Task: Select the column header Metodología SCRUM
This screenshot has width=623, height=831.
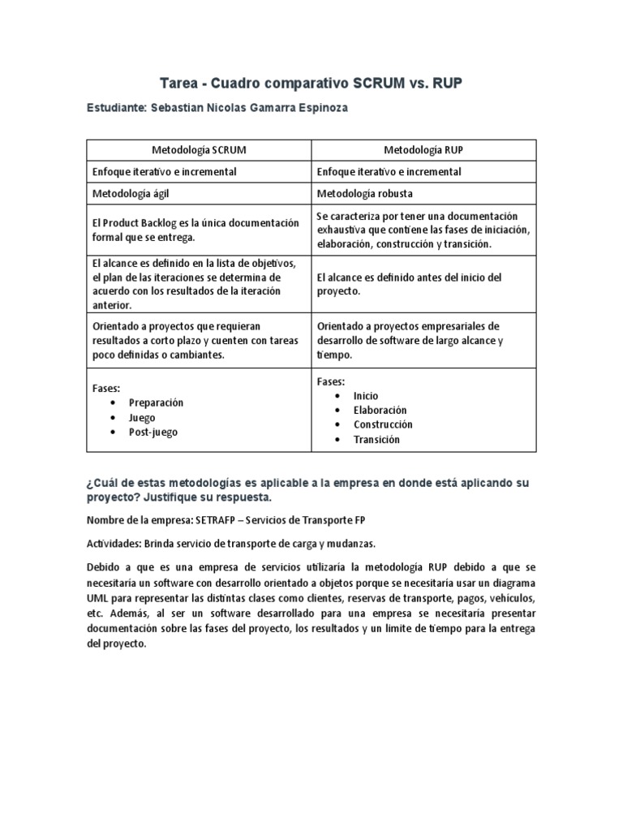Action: (x=199, y=150)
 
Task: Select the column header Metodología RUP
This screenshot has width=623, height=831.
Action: (x=423, y=150)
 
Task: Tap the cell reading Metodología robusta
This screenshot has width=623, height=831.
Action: (x=365, y=194)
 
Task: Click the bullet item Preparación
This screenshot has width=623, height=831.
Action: (x=156, y=403)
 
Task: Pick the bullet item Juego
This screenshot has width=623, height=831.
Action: (x=142, y=417)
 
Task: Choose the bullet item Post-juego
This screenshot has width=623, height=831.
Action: (x=153, y=433)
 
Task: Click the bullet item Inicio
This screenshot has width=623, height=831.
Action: (x=366, y=396)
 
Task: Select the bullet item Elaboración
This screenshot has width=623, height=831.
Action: (x=380, y=411)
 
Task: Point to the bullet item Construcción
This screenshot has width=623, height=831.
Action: (x=383, y=424)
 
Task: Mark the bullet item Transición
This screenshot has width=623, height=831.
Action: (x=376, y=440)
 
